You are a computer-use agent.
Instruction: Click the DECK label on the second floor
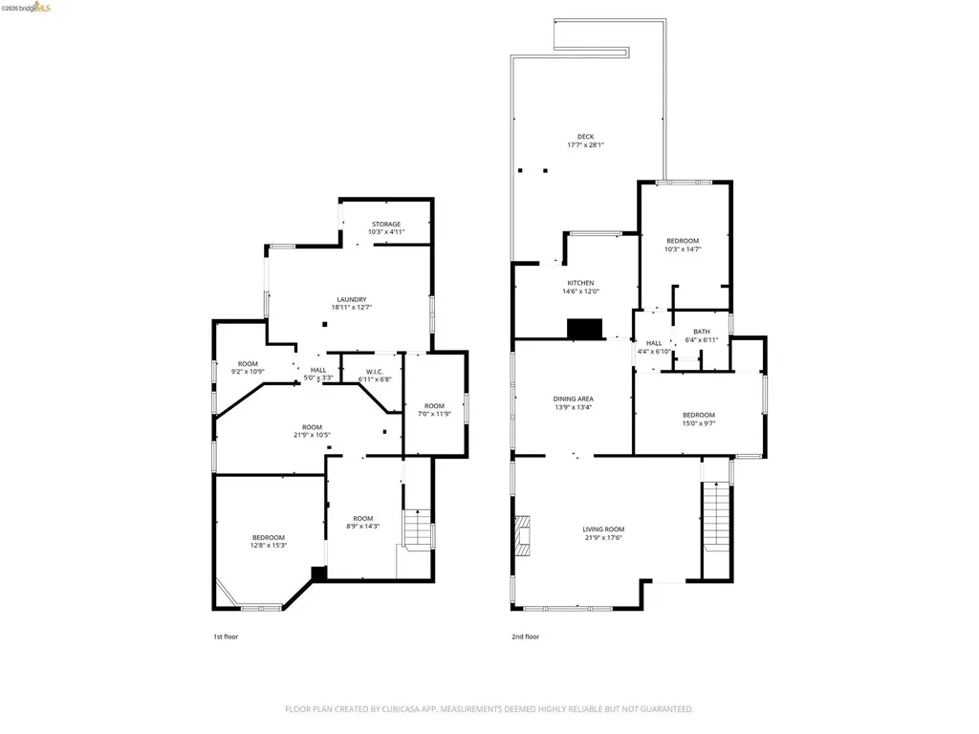pos(584,137)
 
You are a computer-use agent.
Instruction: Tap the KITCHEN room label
pos(580,283)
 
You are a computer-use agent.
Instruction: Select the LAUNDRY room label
pos(349,299)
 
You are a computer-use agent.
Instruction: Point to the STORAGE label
pos(386,224)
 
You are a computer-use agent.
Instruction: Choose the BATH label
pos(701,332)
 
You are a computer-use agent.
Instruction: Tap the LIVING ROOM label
pos(603,529)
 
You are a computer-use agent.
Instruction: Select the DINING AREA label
pos(574,399)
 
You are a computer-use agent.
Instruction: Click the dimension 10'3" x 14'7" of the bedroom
pos(683,249)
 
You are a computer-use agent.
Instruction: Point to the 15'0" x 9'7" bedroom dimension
pos(698,423)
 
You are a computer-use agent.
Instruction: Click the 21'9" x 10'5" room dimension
pos(312,436)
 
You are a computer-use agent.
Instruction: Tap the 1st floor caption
pos(225,637)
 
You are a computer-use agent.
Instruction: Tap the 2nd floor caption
pos(525,637)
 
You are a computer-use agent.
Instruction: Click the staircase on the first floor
pos(415,529)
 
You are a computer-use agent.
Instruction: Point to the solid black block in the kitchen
pos(584,329)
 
